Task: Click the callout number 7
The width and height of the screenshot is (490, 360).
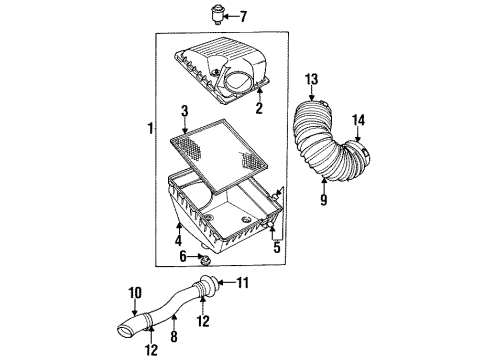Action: (x=241, y=16)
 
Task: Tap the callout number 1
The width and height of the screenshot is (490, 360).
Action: (x=150, y=130)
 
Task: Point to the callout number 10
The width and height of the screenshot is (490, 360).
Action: (x=133, y=292)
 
